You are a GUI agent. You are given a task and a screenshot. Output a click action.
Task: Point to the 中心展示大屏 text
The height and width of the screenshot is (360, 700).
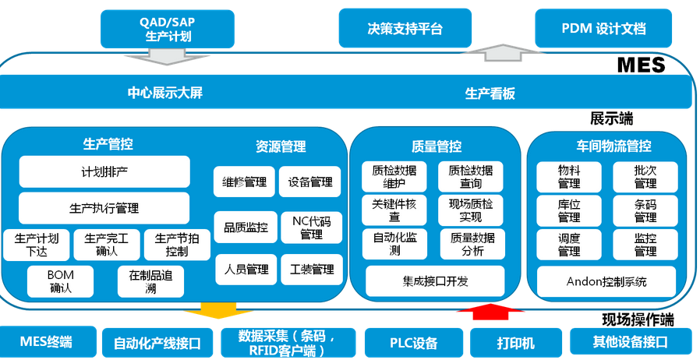[165, 93]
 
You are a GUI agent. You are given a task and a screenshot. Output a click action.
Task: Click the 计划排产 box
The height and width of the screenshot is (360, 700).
[104, 171]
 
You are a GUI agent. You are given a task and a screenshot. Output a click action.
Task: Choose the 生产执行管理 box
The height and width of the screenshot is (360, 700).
[104, 208]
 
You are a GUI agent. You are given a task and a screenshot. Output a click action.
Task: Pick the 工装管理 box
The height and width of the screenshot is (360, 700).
[311, 270]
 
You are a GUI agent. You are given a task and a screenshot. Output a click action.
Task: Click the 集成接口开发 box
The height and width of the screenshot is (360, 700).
[435, 281]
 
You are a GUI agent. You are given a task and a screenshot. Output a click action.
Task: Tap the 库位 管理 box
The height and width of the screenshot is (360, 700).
[569, 211]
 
